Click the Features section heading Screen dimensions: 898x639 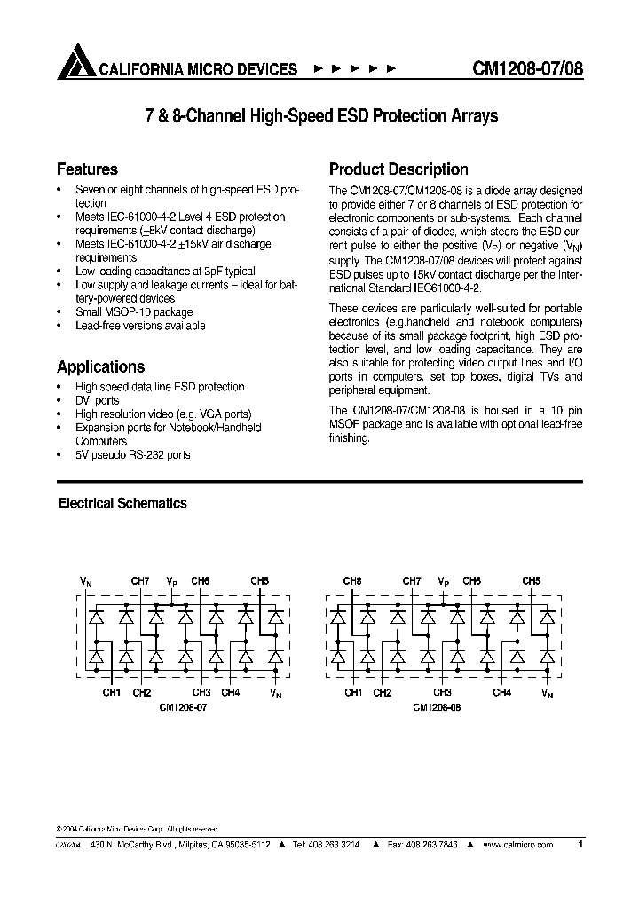(87, 169)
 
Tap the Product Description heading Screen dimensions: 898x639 (398, 169)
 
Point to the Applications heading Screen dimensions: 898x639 (100, 366)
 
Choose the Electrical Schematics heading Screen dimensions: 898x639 (122, 503)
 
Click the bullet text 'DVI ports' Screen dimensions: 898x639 (97, 400)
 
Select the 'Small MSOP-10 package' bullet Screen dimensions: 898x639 (133, 312)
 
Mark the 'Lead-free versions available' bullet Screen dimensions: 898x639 (140, 326)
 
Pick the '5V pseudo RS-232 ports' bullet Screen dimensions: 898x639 (132, 454)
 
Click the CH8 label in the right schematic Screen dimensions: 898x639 (352, 581)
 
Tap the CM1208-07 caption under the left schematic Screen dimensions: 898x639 (184, 708)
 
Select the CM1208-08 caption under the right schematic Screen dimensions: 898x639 (437, 708)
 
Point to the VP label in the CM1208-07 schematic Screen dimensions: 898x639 (171, 581)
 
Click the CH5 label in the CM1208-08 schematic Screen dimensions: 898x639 (531, 581)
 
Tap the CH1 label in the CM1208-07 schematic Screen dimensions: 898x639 (111, 692)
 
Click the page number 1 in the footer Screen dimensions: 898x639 (580, 845)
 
